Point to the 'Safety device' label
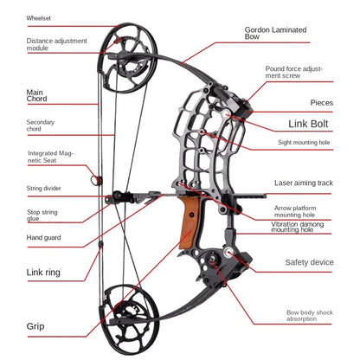309,261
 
